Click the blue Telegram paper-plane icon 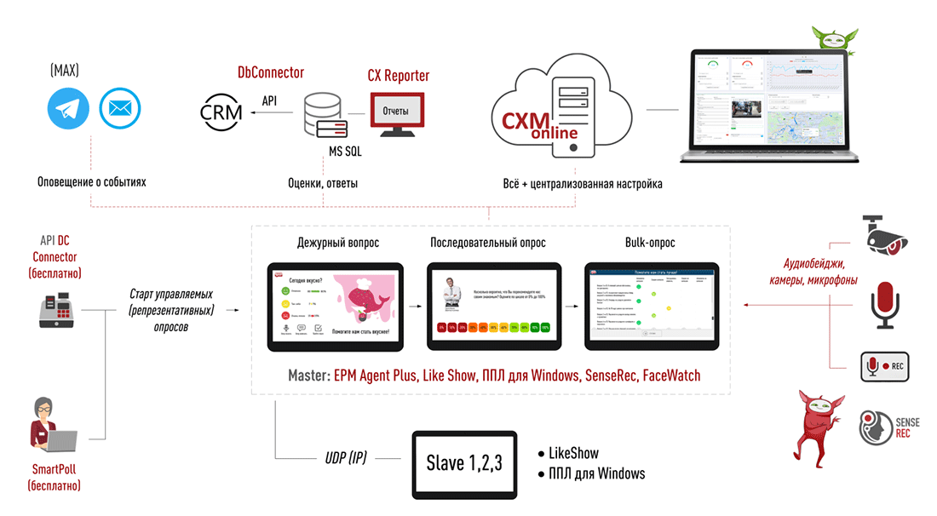[x=69, y=108]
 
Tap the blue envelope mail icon [x=120, y=108]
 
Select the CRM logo [x=221, y=111]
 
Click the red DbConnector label [x=271, y=73]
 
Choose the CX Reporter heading [x=398, y=76]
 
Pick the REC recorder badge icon [x=884, y=366]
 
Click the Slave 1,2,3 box [x=464, y=464]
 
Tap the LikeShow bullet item [x=572, y=453]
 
